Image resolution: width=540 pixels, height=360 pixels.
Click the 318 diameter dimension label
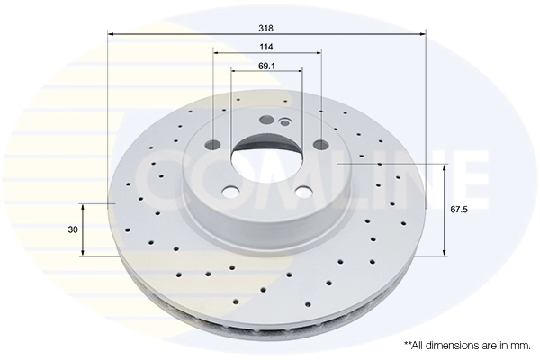[x=266, y=27]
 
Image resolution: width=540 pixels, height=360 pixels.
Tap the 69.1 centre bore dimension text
[x=266, y=66]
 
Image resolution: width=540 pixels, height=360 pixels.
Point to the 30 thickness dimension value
[x=72, y=229]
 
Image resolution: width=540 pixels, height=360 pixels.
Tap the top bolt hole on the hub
[x=265, y=121]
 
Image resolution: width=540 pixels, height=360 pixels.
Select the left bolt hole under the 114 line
[x=214, y=145]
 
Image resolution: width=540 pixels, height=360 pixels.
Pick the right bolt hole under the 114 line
[x=321, y=144]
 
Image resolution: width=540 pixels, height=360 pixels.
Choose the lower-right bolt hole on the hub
[x=303, y=190]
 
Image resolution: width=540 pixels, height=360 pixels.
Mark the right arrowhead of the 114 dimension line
[x=318, y=53]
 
